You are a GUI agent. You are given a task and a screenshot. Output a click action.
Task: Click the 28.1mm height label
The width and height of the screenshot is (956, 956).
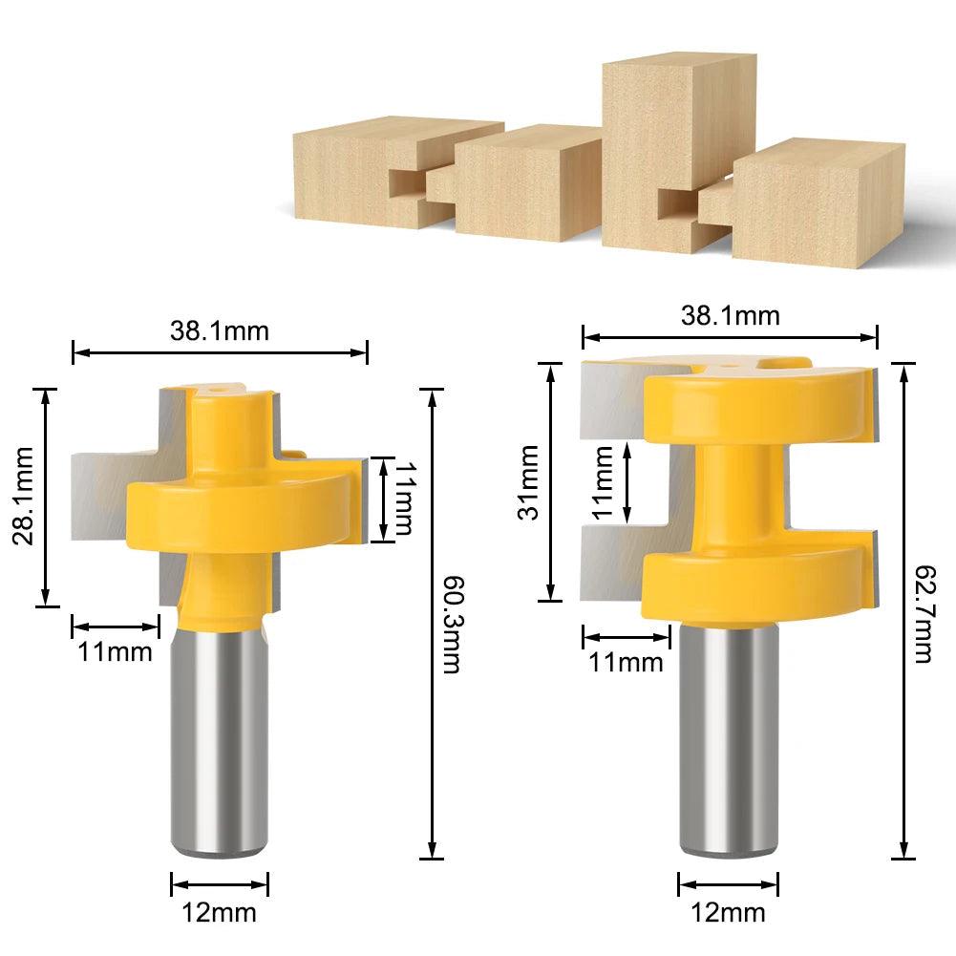pos(23,496)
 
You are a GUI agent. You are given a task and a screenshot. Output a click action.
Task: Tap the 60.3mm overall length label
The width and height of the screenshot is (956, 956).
pos(451,625)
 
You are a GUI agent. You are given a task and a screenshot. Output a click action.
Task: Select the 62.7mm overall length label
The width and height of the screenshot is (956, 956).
pos(924,613)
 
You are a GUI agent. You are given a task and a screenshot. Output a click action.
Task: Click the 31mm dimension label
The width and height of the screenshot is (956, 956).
pos(528,481)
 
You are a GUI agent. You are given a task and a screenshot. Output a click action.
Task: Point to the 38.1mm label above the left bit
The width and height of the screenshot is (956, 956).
pos(220,331)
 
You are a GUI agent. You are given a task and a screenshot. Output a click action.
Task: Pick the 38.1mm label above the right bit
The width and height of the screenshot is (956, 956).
pos(731,316)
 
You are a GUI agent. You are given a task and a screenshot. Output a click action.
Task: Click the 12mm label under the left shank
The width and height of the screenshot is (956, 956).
pos(220,913)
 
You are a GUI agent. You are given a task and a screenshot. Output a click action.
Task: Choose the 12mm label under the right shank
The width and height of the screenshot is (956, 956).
pos(728,913)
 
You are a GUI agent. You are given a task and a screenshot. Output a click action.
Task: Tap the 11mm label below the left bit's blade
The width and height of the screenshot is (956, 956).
pos(116,651)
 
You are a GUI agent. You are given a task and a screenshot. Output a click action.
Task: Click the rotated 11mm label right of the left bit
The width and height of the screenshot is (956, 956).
pos(406,499)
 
